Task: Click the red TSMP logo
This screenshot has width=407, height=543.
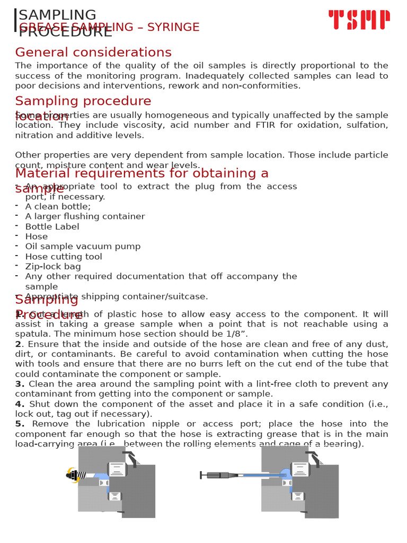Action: tap(359, 20)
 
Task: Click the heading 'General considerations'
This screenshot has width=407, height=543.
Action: tap(93, 52)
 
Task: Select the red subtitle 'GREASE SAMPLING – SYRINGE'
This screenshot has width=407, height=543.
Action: tap(109, 28)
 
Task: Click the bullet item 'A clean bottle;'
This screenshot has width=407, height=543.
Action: tap(58, 207)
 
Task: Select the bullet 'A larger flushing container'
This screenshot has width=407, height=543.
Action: tap(85, 217)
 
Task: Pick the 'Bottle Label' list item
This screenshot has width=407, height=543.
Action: tap(52, 227)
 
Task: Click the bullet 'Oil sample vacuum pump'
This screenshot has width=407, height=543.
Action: tap(83, 247)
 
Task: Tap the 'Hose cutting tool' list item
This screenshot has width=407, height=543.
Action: tap(64, 257)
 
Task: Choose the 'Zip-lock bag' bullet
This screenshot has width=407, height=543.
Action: tap(53, 267)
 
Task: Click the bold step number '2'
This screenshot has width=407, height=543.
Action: tap(18, 344)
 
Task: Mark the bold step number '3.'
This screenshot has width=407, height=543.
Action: tap(20, 384)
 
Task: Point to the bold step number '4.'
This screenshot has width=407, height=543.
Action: tap(20, 404)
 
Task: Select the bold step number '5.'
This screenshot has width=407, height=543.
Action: tap(20, 424)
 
